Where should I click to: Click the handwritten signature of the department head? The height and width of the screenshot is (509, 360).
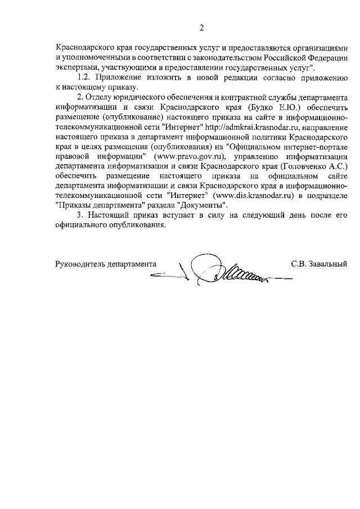[x=225, y=270]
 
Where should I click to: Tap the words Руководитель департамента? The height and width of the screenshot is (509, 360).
[x=105, y=263]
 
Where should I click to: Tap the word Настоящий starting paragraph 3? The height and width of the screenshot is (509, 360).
[x=111, y=215]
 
